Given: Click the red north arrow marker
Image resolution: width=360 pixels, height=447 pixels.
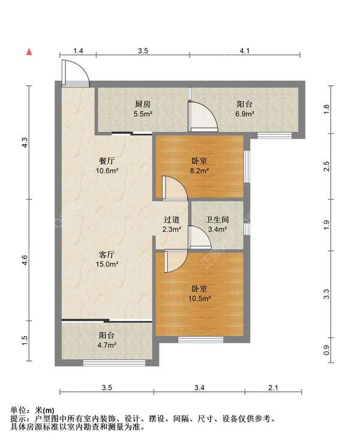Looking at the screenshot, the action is [29, 52].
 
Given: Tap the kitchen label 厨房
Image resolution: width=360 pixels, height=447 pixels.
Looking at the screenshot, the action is [143, 104].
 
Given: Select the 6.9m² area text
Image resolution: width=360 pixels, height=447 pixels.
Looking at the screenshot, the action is [245, 114].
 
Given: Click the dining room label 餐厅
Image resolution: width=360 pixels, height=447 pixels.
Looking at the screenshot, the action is [106, 161].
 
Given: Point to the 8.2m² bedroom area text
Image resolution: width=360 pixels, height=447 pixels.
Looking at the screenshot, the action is [199, 171].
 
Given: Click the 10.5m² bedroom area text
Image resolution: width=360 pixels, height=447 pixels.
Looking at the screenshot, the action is [199, 299].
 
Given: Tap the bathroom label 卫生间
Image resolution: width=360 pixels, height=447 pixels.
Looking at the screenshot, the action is [217, 220].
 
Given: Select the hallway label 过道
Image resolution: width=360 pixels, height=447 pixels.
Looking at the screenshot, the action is [172, 220].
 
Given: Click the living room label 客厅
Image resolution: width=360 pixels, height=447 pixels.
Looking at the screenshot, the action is [106, 254].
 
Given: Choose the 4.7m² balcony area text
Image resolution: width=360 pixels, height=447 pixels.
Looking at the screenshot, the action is [106, 346].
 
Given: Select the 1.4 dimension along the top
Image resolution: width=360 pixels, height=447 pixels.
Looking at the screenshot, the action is [78, 51].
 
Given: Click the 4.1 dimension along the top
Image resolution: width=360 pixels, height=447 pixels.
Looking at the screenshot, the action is [245, 51].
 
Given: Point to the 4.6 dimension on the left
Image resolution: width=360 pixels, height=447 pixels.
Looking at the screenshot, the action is [25, 260].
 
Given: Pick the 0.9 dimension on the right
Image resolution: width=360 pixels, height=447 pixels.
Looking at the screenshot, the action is [326, 350].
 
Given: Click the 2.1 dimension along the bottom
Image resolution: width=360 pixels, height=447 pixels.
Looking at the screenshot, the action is [273, 388].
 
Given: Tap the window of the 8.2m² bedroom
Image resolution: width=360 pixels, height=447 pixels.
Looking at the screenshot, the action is [247, 166].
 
